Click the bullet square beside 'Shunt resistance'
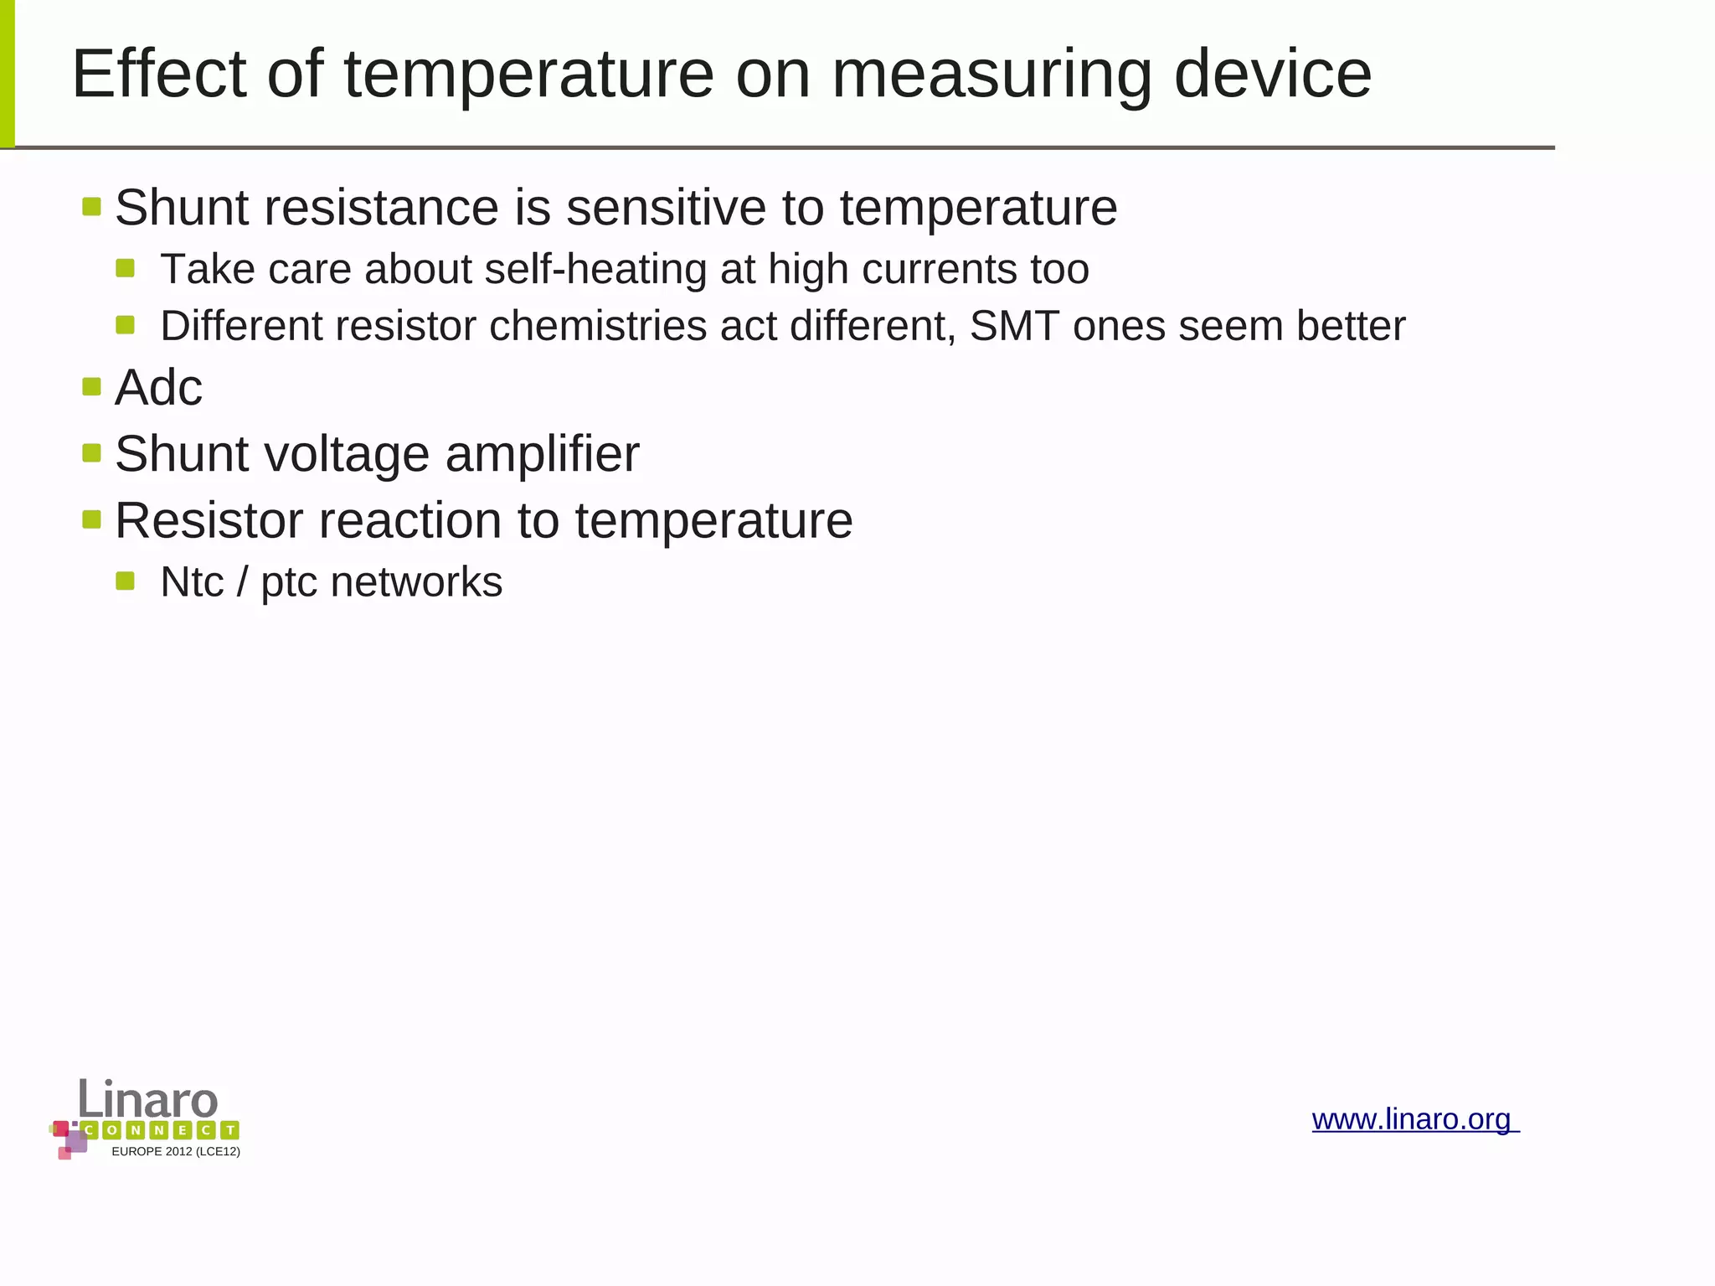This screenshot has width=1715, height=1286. click(x=92, y=206)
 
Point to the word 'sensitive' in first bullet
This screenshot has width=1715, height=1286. click(x=666, y=207)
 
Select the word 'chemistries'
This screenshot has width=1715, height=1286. click(x=598, y=326)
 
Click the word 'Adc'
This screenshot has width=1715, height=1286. click(x=158, y=388)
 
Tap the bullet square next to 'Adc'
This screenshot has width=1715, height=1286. click(x=92, y=386)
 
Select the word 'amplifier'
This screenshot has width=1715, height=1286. click(x=542, y=454)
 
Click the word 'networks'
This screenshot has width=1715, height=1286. click(x=416, y=582)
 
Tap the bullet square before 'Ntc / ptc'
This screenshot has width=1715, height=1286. click(x=126, y=581)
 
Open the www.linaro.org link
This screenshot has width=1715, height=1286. click(x=1414, y=1119)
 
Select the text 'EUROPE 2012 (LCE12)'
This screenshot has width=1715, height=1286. click(x=176, y=1152)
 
